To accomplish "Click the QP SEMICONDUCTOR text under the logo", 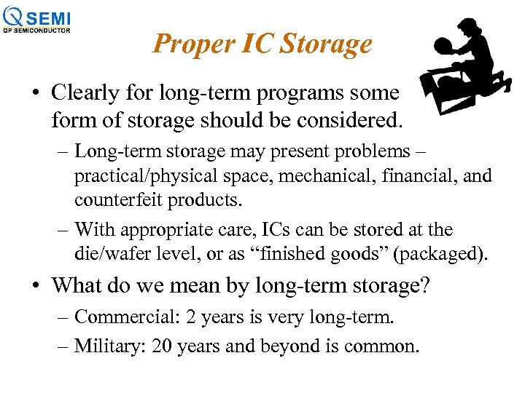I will pyautogui.click(x=36, y=30).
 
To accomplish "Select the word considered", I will pyautogui.click(x=349, y=118).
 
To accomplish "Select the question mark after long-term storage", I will pyautogui.click(x=424, y=285).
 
